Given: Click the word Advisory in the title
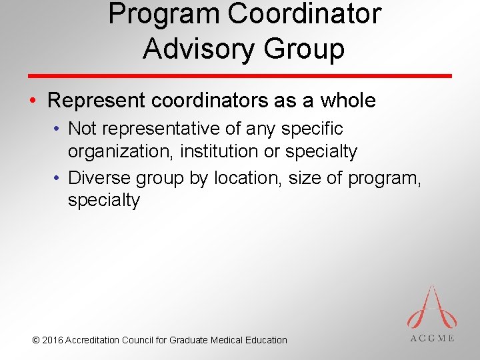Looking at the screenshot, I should tap(193, 49).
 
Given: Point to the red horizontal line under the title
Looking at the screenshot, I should tap(240, 75).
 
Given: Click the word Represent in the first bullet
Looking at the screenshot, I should tap(98, 101).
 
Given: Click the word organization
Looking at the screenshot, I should tap(117, 151).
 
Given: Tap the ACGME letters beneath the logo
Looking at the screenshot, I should tap(432, 338).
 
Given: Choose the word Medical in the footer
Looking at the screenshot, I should tap(228, 340).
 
